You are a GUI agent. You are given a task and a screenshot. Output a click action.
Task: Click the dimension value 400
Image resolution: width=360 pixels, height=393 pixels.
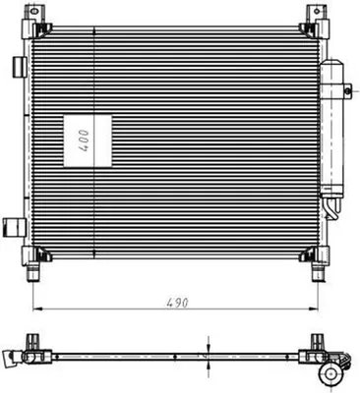point(85,140)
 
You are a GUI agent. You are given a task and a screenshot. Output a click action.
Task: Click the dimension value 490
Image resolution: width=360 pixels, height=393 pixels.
point(177,303)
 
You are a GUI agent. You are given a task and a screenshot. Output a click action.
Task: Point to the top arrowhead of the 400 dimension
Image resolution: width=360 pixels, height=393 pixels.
point(94,31)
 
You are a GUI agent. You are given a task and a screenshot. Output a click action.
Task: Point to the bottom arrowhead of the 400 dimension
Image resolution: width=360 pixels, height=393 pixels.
point(94,254)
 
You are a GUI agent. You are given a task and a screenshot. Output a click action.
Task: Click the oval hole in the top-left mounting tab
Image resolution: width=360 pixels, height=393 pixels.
point(32,12)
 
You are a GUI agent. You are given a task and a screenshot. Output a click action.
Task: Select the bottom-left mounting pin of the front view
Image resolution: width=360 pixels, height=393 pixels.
point(33,272)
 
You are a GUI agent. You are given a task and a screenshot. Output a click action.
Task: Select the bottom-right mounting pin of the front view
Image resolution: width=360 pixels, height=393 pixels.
point(318,272)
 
